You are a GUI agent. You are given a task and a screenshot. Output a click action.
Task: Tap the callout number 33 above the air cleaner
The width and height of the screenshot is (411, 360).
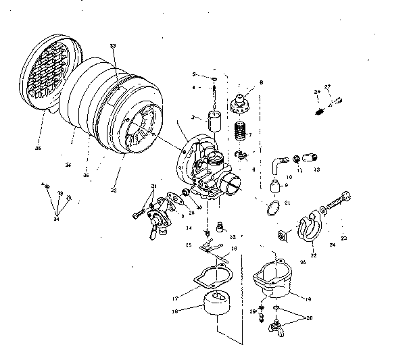point(113,46)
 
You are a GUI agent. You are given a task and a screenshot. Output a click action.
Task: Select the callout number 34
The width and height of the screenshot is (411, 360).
point(57,219)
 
